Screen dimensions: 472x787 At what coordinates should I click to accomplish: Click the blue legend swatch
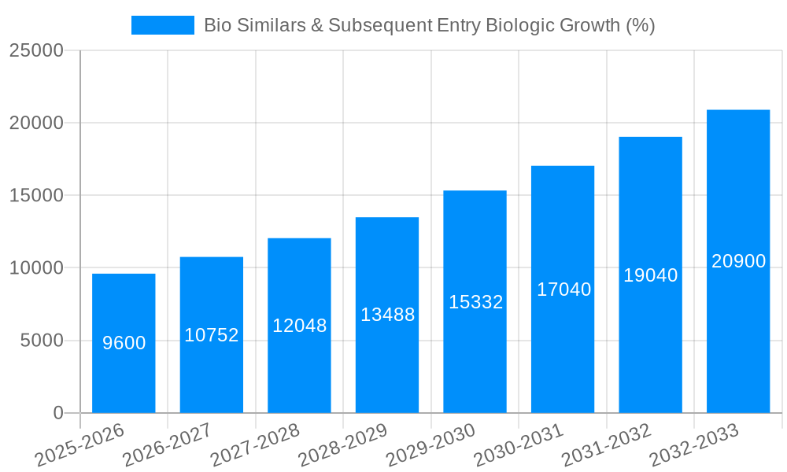coord(162,25)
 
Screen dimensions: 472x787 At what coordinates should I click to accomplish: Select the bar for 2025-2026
coord(124,378)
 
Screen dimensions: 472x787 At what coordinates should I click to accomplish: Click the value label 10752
coord(212,335)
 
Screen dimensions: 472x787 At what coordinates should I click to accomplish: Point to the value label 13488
coord(387,315)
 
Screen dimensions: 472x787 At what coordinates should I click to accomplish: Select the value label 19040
coord(650,275)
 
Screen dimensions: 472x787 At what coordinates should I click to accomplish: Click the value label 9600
coord(124,343)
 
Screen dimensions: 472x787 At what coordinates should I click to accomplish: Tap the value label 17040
coord(563,289)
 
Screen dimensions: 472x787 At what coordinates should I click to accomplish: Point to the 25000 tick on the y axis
coord(35,50)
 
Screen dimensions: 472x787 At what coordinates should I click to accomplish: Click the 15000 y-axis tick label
coord(35,195)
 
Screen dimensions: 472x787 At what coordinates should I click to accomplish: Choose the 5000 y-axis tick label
coord(41,341)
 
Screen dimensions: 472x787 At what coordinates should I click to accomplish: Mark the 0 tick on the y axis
coord(58,413)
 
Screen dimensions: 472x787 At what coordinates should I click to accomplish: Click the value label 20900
coord(738,261)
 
